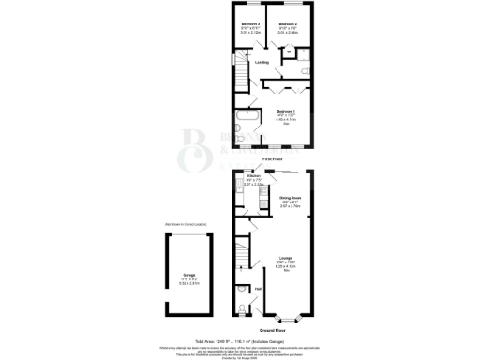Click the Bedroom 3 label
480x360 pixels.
tap(248, 22)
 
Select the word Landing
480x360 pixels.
tap(262, 63)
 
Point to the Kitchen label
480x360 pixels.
tap(253, 175)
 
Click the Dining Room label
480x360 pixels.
tap(289, 198)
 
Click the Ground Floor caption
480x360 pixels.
tap(273, 331)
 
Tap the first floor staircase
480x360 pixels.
tap(243, 72)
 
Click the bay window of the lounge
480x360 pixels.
tap(288, 320)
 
